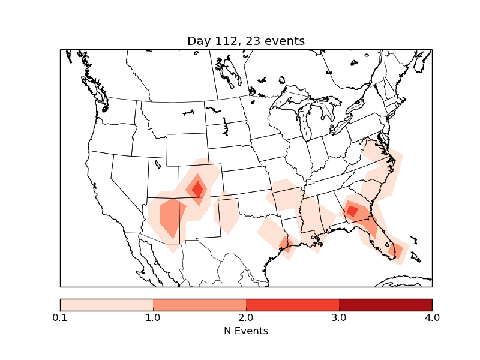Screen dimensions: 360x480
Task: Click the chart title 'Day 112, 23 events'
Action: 246,41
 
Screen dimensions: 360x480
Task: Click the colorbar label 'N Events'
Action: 246,331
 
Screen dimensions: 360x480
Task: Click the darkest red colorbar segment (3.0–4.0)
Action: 385,304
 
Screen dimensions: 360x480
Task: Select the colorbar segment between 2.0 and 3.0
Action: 292,304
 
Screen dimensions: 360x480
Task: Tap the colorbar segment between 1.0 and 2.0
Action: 199,304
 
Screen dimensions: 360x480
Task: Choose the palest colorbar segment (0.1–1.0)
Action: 106,304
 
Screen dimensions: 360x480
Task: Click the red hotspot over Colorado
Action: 197,188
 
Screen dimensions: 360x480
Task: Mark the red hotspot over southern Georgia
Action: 352,211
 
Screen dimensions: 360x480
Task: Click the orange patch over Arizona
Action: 172,217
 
